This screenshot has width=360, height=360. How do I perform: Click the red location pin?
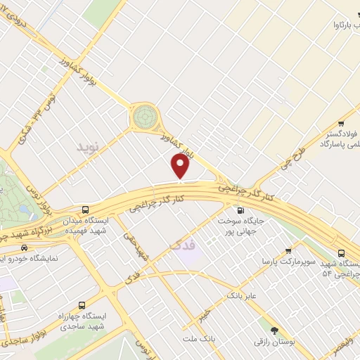point(181,166)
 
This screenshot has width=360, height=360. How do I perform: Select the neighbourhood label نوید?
point(89,147)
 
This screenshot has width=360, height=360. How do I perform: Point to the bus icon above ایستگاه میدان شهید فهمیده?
point(86,209)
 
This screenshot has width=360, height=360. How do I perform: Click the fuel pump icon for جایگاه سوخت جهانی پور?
point(241,209)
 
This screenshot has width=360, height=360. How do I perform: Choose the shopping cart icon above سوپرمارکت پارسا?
point(288,250)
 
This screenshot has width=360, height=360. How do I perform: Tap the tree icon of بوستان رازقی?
point(274,329)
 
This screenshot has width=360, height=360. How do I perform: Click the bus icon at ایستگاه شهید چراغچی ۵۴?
point(342,253)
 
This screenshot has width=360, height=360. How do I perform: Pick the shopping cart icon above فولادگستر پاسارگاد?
point(341,121)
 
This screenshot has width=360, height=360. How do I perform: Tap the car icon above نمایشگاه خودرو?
point(25,247)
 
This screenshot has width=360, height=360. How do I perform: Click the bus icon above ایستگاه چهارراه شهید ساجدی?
point(83,305)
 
